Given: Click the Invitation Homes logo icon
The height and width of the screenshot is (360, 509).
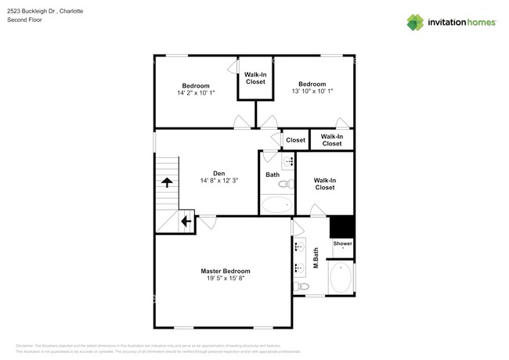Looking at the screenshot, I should tap(415, 22).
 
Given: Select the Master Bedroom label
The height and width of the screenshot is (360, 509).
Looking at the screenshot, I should tap(225, 271).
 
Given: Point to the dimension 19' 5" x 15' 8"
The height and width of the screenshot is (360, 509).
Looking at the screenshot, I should tap(225, 279).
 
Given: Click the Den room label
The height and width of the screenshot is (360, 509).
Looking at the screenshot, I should tap(219, 174).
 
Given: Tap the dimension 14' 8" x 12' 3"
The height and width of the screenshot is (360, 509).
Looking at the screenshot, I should tap(219, 182).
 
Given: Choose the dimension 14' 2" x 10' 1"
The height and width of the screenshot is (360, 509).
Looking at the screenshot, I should tap(196, 93).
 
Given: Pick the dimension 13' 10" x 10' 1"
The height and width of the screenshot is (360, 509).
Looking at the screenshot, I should tap(312, 92).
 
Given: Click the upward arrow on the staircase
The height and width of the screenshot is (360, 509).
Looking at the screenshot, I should tap(167, 182).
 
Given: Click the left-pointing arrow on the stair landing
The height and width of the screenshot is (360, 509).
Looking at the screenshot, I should tap(186, 221).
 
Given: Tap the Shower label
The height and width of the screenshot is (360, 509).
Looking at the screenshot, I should tap(343, 244).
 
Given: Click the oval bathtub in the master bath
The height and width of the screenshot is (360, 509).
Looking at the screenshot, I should tap(341, 279).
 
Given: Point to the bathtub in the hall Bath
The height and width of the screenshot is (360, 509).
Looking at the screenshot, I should tap(276, 206).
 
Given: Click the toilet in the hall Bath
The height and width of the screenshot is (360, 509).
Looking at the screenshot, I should tap(286, 185).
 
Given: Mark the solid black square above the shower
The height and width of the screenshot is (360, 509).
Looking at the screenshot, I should tap(341, 226).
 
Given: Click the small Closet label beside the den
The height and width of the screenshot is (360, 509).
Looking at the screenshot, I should tap(295, 140).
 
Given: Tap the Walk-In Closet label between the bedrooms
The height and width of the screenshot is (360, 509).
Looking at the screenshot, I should tap(255, 78).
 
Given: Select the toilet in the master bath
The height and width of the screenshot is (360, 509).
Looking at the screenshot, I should tap(301, 287).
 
